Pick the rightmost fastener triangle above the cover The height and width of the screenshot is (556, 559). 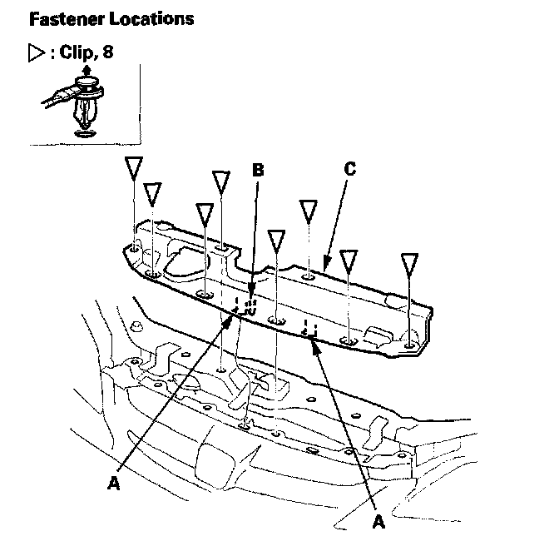point(408,266)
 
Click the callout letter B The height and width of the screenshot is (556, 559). point(258,170)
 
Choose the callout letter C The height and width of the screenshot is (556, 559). point(349,170)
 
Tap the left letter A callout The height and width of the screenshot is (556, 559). point(114,481)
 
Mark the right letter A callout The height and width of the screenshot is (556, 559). point(378,522)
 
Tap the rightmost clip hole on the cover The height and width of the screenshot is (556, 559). point(408,345)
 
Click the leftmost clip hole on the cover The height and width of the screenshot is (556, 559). point(134,246)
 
